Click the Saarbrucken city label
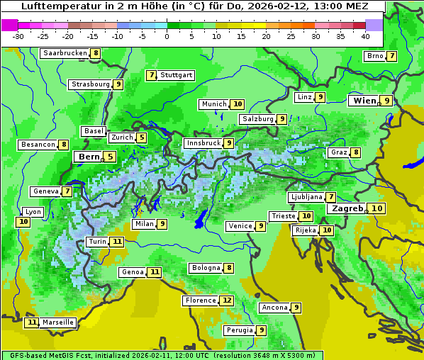[x=65, y=53]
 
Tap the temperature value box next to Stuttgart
[x=151, y=75]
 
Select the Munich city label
[x=213, y=104]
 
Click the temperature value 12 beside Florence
[x=226, y=300]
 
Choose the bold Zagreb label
[x=347, y=208]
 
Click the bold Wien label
[x=364, y=101]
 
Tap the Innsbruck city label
[x=202, y=143]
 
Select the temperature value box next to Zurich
[x=142, y=137]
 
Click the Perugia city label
[x=239, y=330]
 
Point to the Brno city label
[x=374, y=56]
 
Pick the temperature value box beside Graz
[x=355, y=152]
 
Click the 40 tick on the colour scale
[x=365, y=36]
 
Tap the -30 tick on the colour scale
[x=18, y=36]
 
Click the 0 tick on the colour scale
[x=167, y=36]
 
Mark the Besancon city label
[x=38, y=145]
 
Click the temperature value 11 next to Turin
[x=117, y=242]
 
